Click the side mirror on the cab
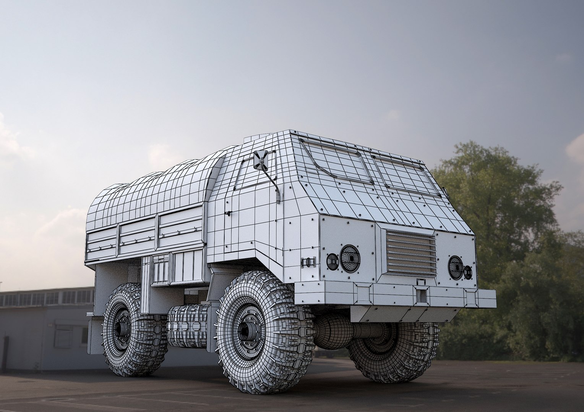(261, 160)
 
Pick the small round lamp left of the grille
(332, 261)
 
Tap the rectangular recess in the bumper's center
(421, 294)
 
